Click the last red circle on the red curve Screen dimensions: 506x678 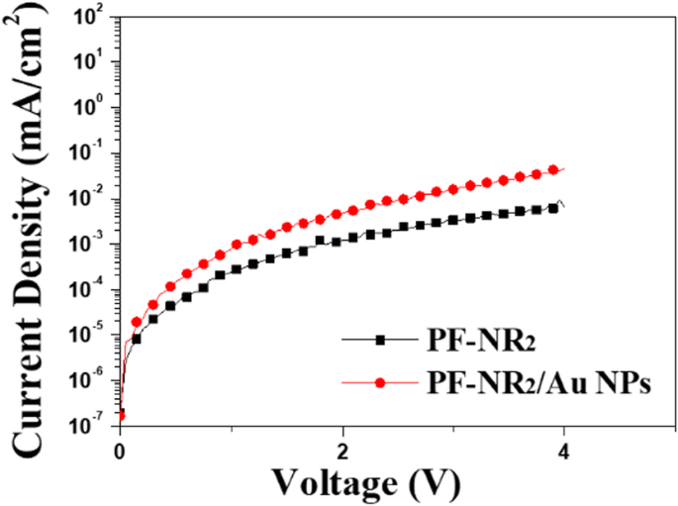click(x=553, y=169)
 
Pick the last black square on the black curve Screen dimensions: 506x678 click(x=553, y=208)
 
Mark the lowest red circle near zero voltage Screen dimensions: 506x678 click(x=120, y=416)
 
